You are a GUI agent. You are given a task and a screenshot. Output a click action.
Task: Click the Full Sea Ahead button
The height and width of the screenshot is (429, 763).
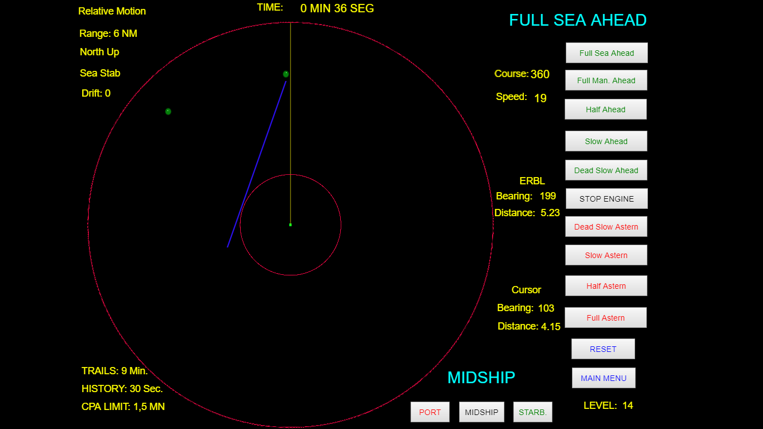[607, 53]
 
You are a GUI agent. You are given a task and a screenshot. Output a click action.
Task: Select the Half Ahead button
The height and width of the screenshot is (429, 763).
[605, 109]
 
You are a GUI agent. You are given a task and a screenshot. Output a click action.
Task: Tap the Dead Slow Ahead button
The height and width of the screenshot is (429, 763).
[606, 170]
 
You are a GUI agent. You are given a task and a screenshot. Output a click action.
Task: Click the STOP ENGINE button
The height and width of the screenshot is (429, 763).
[607, 199]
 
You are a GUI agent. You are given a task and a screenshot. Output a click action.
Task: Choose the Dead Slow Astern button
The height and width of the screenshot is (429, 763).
[606, 227]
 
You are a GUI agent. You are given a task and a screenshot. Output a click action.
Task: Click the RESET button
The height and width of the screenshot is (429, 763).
[603, 349]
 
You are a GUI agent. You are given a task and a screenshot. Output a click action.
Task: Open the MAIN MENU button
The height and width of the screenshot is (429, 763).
[603, 378]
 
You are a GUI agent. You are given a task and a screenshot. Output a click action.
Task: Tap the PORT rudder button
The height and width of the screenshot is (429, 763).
[430, 412]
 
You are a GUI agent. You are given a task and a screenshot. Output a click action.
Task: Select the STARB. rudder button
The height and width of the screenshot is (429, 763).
[532, 412]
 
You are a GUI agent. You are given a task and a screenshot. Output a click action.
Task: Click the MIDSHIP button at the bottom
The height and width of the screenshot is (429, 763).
[481, 412]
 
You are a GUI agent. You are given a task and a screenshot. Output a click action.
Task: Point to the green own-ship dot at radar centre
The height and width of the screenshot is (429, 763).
[290, 225]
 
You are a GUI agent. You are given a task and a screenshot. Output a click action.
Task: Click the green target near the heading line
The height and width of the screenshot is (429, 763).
[286, 74]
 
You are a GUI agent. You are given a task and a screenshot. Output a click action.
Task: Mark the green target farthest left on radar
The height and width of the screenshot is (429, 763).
[168, 111]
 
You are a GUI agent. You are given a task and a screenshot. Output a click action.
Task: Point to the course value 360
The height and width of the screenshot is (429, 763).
[540, 74]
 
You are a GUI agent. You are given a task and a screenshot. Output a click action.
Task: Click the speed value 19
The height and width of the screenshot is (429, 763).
[540, 98]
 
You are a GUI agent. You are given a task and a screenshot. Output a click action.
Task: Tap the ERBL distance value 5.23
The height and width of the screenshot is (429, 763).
[550, 213]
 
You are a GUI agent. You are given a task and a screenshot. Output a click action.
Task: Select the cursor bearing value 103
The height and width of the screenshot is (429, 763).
[546, 308]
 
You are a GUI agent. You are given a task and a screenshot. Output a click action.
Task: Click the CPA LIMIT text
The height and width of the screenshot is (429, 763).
[123, 407]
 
